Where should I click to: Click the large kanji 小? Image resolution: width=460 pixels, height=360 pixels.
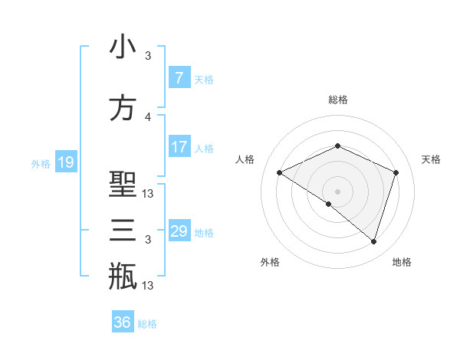click(x=123, y=48)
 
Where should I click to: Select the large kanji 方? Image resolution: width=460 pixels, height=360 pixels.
click(x=123, y=108)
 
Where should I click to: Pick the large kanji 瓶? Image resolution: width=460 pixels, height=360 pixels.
click(x=123, y=276)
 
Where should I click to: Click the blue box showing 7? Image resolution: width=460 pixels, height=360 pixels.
click(x=179, y=78)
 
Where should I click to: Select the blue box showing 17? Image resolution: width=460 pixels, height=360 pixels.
click(x=179, y=147)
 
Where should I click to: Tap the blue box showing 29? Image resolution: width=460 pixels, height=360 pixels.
click(x=179, y=231)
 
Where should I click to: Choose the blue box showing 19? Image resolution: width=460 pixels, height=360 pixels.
click(x=65, y=162)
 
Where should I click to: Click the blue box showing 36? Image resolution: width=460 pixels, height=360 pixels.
click(x=122, y=322)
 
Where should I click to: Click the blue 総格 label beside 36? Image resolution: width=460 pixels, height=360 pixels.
click(x=147, y=323)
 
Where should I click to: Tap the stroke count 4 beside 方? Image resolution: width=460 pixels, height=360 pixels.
click(x=148, y=116)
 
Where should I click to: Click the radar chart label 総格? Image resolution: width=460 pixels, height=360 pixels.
click(x=337, y=100)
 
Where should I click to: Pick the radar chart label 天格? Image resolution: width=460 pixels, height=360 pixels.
click(x=432, y=159)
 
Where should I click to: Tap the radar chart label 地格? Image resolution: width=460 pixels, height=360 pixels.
click(x=402, y=262)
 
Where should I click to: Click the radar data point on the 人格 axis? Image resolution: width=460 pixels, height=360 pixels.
click(x=280, y=172)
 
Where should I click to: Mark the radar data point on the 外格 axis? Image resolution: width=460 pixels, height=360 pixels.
click(x=329, y=204)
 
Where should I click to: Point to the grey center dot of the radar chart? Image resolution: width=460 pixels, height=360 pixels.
click(x=337, y=191)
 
